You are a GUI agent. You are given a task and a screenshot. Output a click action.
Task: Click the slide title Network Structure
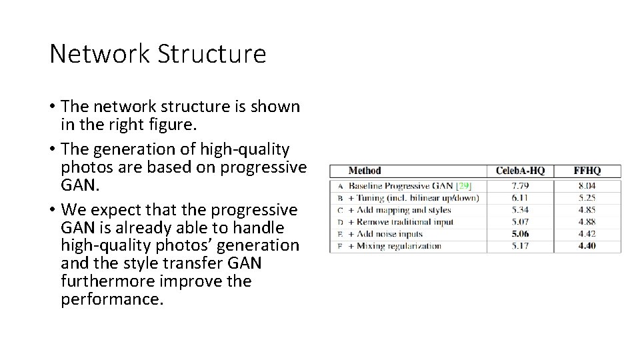157,54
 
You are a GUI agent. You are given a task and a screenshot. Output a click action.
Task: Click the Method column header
365,171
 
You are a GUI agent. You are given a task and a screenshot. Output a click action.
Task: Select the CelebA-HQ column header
520,171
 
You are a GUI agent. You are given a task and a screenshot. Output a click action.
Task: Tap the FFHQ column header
587,171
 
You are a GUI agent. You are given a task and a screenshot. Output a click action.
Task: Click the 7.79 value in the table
520,186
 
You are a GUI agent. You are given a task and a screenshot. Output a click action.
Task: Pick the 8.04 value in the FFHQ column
587,186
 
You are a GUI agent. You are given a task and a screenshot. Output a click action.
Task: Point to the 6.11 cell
520,198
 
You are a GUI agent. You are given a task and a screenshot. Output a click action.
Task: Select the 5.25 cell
587,198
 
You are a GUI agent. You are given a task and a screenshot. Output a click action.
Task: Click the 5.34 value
520,210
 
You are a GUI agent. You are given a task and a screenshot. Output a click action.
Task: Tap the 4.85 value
587,210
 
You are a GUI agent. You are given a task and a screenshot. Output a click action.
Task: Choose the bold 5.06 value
520,234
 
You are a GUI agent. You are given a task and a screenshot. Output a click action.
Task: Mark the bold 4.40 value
587,246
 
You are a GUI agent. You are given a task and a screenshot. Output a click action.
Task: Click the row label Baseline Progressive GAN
400,186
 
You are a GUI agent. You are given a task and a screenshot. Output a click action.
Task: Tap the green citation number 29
464,186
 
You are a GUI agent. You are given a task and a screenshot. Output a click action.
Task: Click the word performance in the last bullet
111,300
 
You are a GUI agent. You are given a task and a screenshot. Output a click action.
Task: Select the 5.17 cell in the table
520,246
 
